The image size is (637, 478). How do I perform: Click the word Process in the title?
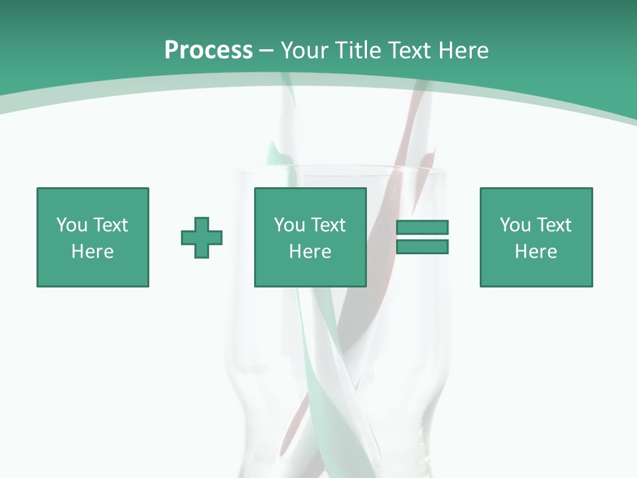tap(208, 50)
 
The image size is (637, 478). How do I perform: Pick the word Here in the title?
tap(465, 50)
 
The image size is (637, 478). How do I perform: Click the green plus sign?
tap(202, 237)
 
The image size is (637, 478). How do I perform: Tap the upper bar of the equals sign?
tap(422, 228)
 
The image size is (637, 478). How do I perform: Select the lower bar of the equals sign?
tap(422, 246)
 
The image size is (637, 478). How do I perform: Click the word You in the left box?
tap(72, 225)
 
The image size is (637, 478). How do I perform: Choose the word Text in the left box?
tap(109, 225)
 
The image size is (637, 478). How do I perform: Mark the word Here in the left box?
tap(92, 252)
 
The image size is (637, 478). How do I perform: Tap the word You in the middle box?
tap(289, 225)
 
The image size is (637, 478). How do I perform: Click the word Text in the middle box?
tap(327, 225)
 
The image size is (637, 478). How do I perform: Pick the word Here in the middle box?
tap(310, 252)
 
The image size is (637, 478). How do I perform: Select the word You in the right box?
tap(515, 225)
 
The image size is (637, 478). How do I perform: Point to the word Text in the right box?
tap(553, 225)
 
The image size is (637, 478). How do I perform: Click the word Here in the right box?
tap(535, 252)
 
